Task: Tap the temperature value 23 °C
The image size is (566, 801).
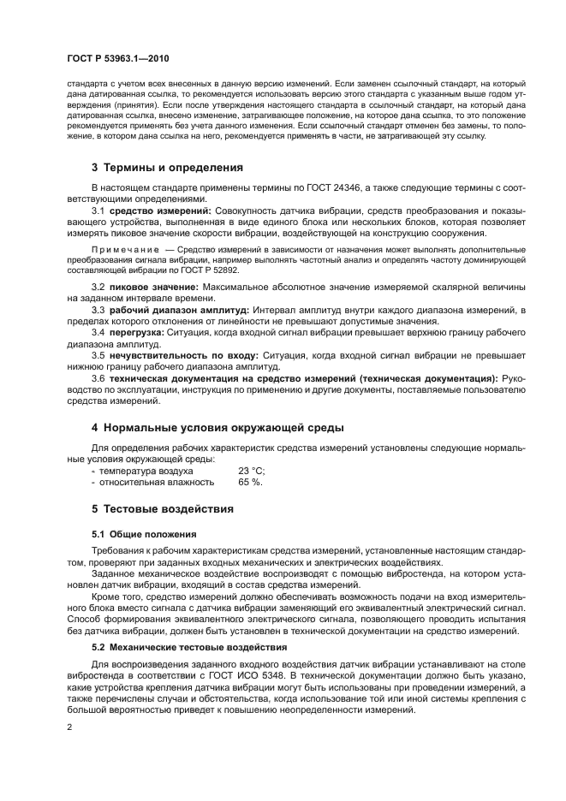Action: (252, 471)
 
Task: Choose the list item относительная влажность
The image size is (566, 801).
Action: (150, 482)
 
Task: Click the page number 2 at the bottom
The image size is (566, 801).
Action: (69, 727)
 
